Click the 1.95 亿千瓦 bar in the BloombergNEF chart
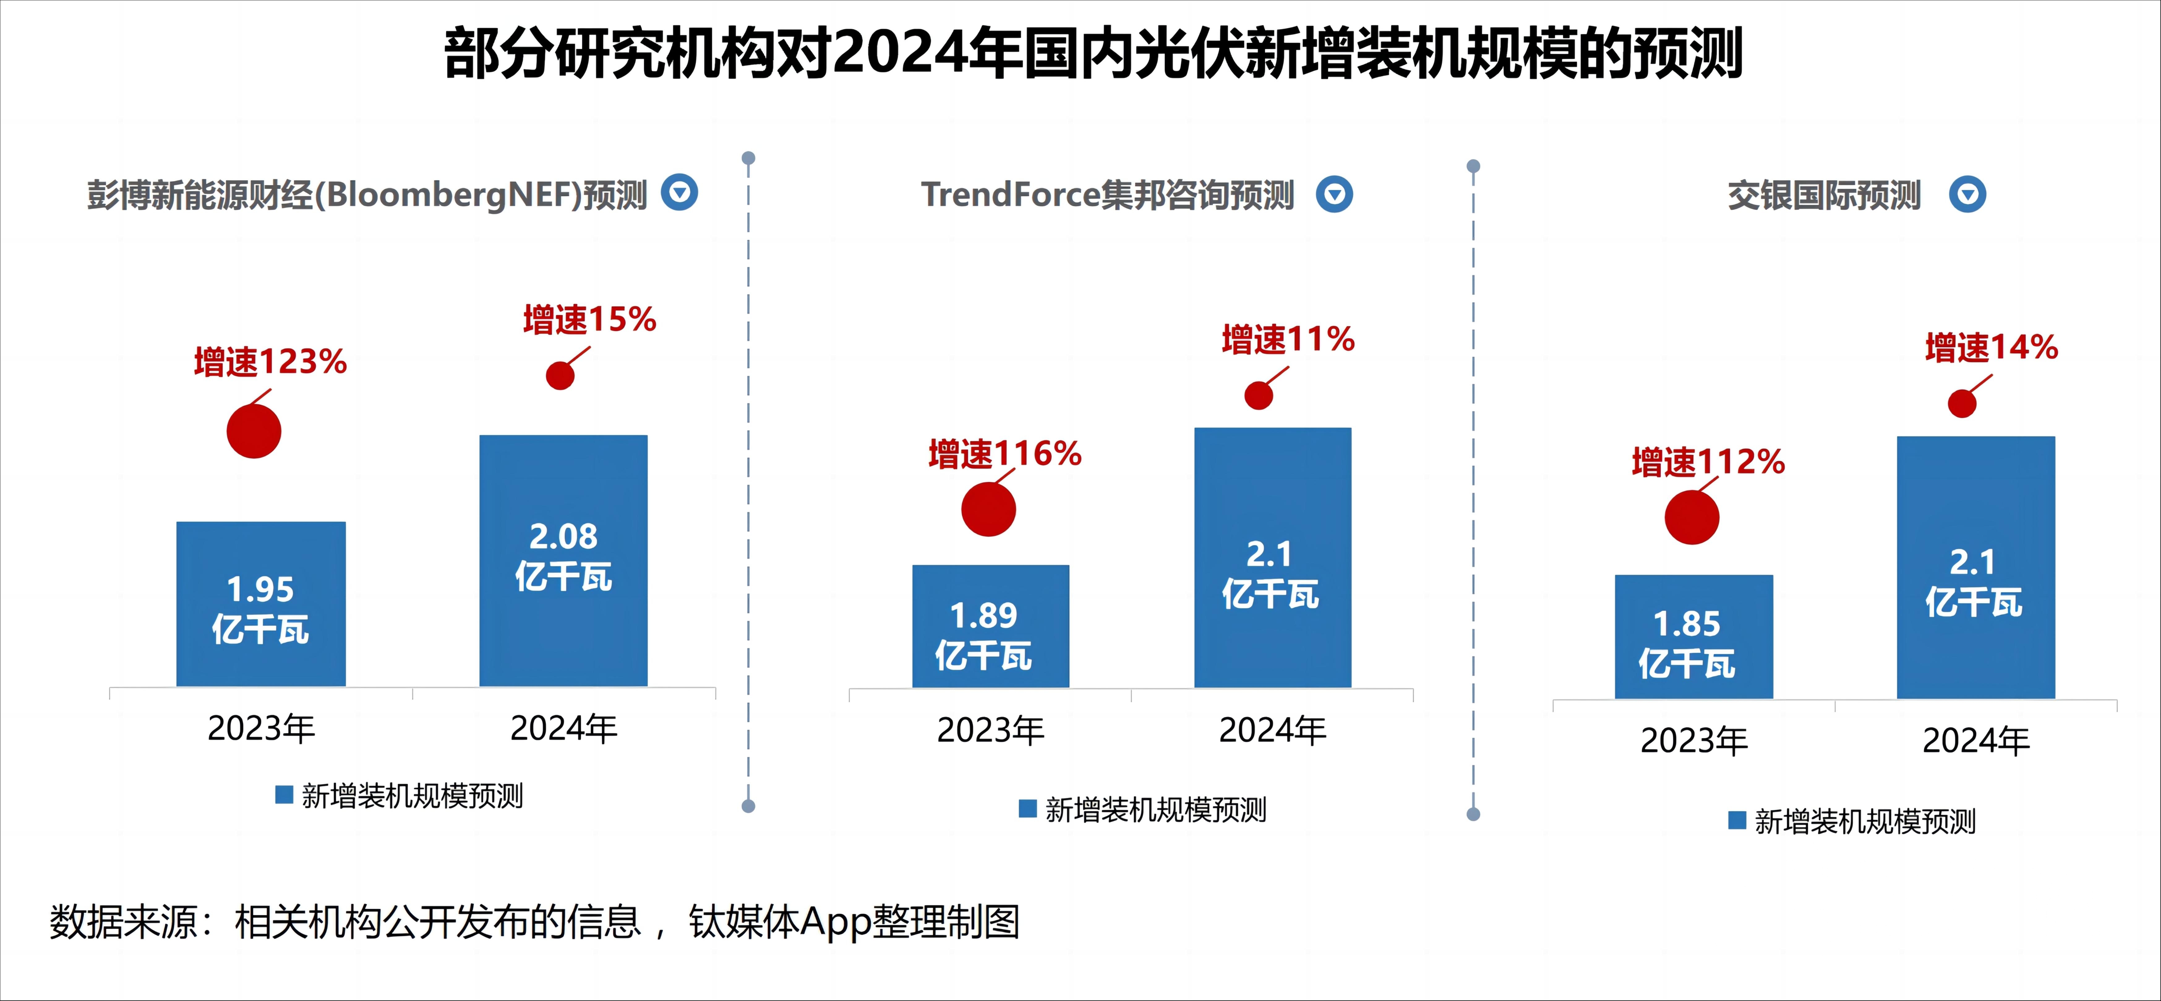261,604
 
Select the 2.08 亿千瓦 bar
563,561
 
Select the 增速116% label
1004,454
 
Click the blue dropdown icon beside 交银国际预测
1967,195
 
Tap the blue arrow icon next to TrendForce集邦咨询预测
1334,195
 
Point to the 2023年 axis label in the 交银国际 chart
1694,741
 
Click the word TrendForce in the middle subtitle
1010,195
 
